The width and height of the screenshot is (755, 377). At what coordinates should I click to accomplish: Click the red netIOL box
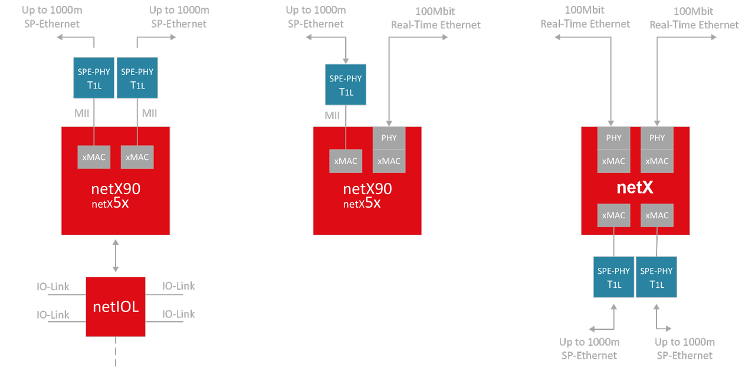coord(116,306)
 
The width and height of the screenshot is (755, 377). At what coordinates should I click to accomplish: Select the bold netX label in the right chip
coord(635,188)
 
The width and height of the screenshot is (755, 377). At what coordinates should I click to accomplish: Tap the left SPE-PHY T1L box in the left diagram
coord(94,77)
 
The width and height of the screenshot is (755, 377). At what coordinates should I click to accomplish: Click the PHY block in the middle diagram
coord(389,138)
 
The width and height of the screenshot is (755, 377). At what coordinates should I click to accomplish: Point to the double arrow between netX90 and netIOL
coord(116,255)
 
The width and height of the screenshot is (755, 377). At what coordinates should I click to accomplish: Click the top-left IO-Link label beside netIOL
coord(52,287)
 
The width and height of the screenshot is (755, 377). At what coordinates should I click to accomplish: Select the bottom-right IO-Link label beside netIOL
coord(178,314)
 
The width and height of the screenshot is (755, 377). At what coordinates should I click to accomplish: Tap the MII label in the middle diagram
coord(333,115)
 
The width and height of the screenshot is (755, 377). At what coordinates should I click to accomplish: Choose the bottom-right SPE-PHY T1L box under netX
coord(656,277)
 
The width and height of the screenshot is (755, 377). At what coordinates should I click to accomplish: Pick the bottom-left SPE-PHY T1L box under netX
coord(613,277)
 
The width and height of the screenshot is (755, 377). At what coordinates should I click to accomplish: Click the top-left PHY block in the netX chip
coord(613,138)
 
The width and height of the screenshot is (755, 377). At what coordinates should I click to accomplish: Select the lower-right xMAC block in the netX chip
coord(656,215)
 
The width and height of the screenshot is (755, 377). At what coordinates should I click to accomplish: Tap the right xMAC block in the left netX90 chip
coord(137,157)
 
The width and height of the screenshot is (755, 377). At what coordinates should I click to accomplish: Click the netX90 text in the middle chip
coord(367,189)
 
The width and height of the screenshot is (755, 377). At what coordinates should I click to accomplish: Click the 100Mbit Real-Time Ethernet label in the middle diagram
coord(435,18)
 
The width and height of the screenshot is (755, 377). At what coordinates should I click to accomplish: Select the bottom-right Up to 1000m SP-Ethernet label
coord(684,349)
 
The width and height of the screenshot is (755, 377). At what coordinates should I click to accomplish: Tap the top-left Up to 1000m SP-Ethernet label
coord(51,17)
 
